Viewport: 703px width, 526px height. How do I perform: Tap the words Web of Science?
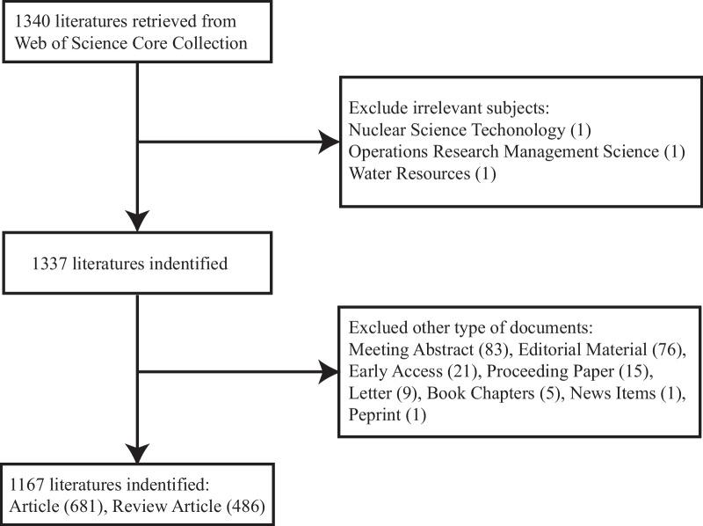click(x=64, y=41)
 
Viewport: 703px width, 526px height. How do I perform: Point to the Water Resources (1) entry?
click(x=423, y=173)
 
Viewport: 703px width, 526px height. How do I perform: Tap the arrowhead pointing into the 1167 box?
click(x=138, y=447)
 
